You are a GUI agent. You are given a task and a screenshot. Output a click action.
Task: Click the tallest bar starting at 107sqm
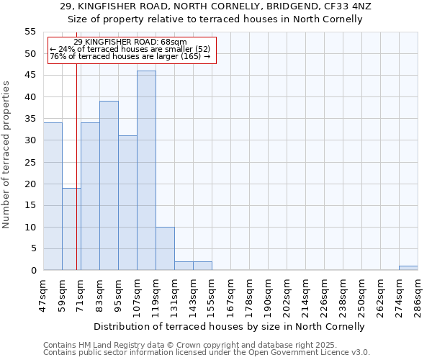pos(146,171)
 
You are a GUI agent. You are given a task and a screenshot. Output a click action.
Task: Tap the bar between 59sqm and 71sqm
pos(71,229)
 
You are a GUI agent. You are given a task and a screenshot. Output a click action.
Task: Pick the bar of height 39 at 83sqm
pos(109,186)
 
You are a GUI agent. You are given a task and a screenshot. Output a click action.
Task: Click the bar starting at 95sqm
pos(127,203)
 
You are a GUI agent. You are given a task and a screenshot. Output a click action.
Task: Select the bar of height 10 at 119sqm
pos(165,248)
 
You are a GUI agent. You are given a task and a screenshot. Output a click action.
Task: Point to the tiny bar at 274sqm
pos(408,268)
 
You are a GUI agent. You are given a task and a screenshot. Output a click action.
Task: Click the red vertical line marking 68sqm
pos(76,180)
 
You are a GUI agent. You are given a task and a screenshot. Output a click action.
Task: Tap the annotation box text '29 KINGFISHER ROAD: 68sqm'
pos(130,42)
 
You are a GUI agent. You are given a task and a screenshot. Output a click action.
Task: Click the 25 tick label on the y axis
pos(30,162)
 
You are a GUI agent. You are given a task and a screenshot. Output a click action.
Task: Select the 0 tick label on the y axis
pos(33,271)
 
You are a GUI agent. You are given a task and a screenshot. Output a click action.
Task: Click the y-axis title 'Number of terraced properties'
pos(6,155)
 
